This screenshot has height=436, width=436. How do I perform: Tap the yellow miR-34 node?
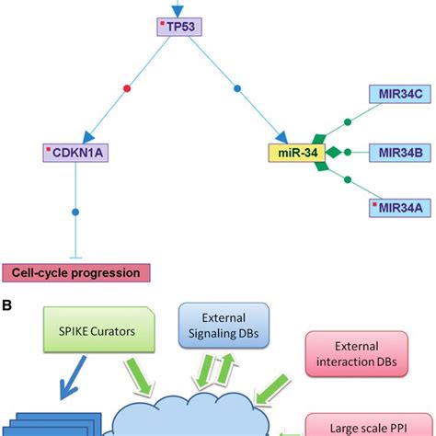[x=294, y=150]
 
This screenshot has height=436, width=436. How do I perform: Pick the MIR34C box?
[x=395, y=93]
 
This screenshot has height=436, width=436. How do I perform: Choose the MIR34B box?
[x=395, y=150]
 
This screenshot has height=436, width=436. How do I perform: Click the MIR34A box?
[x=395, y=208]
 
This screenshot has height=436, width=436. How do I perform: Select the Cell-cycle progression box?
[x=75, y=272]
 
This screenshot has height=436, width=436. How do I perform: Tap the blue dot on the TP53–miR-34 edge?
[x=237, y=89]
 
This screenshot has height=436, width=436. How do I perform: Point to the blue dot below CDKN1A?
[x=75, y=212]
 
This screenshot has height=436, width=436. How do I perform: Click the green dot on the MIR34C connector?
[x=347, y=120]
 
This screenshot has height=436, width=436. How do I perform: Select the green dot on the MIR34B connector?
[x=347, y=150]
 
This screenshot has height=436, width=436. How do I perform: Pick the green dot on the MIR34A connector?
[x=347, y=181]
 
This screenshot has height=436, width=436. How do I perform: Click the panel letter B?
[x=6, y=301]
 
